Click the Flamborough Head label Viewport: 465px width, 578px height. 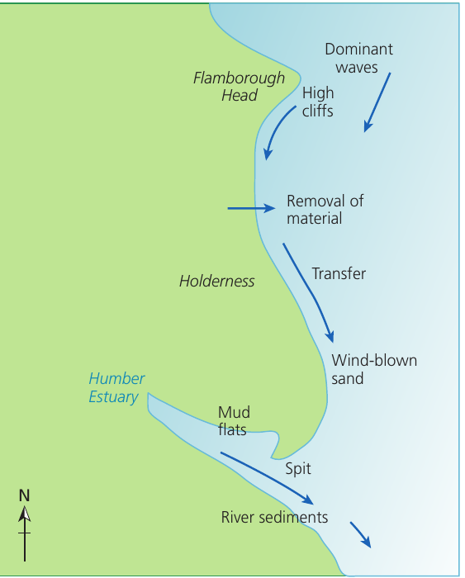pos(239,87)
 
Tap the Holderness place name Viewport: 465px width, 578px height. pos(217,282)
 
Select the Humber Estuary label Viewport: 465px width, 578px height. pos(116,388)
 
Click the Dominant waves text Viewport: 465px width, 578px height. pos(358,59)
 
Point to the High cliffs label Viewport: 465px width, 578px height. pos(318,102)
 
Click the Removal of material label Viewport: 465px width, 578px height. pos(325,210)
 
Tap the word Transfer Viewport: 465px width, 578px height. pos(339,274)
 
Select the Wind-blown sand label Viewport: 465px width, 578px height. pos(374,369)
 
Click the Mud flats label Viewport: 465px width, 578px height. pos(234,421)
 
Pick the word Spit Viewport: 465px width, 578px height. pos(298,469)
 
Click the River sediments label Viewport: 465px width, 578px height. pos(274,517)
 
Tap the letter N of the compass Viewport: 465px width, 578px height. pos(24,495)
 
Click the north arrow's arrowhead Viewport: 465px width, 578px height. pos(25,514)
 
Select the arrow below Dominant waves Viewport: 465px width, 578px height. pos(377,102)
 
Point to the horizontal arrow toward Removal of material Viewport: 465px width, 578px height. pos(251,209)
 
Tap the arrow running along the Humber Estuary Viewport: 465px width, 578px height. pos(268,478)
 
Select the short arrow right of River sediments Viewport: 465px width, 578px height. pos(361,534)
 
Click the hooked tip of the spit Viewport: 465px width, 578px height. pos(273,457)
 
